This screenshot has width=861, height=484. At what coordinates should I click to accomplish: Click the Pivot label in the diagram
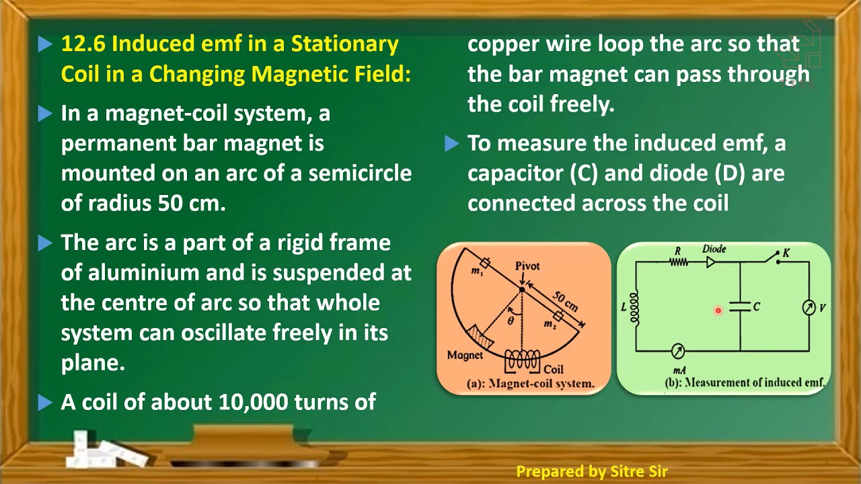tap(527, 266)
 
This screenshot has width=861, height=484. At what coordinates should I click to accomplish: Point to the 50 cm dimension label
tap(565, 300)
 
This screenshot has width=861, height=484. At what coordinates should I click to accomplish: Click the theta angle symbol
tap(511, 321)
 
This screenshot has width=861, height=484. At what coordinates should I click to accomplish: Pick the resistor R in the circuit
tap(678, 261)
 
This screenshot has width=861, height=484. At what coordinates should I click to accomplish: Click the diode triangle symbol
tap(711, 262)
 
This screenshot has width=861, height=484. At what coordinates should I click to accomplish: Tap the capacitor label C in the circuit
tap(756, 307)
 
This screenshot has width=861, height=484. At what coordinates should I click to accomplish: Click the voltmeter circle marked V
tap(809, 307)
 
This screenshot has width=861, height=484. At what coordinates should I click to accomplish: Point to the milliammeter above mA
tap(679, 351)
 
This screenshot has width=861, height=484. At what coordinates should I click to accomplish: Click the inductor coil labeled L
tap(634, 307)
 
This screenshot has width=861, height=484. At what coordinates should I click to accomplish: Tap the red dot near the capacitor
tap(718, 311)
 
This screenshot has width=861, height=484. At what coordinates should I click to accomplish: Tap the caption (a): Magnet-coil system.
tap(531, 384)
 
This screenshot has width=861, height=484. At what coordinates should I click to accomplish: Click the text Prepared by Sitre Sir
tap(591, 472)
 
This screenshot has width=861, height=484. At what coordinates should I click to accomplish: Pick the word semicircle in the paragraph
tap(360, 173)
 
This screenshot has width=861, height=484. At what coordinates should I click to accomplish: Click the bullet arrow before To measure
tap(452, 144)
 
